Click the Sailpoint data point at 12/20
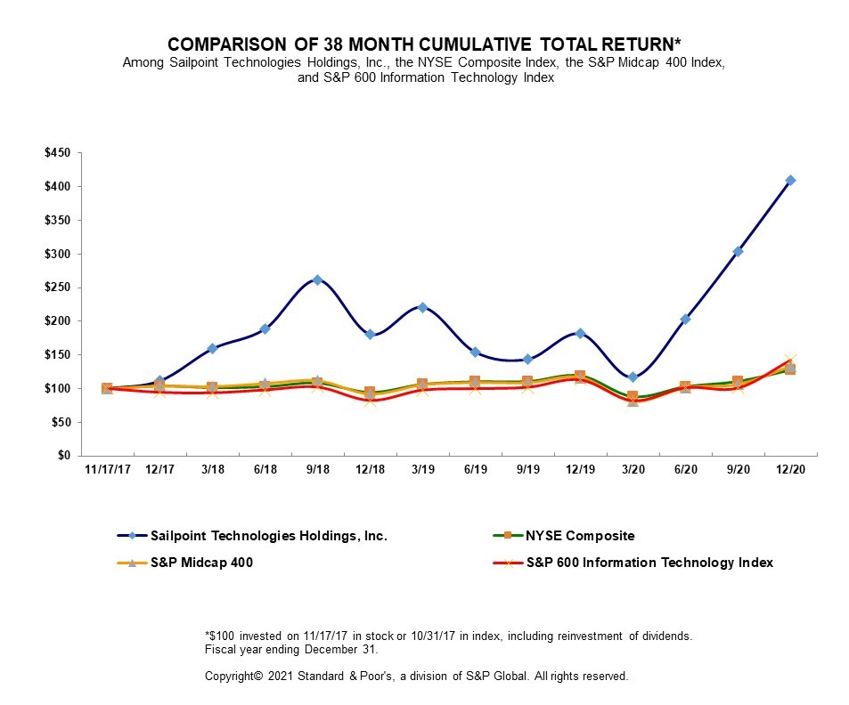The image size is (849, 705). pyautogui.click(x=790, y=181)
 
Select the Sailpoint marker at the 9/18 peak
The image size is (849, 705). pyautogui.click(x=317, y=280)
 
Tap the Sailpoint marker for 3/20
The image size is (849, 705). pyautogui.click(x=633, y=377)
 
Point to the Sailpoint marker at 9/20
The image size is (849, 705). pyautogui.click(x=738, y=252)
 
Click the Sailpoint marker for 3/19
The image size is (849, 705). pyautogui.click(x=422, y=308)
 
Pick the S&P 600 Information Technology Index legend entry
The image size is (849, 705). pyautogui.click(x=649, y=563)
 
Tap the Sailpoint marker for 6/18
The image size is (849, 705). pyautogui.click(x=265, y=329)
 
